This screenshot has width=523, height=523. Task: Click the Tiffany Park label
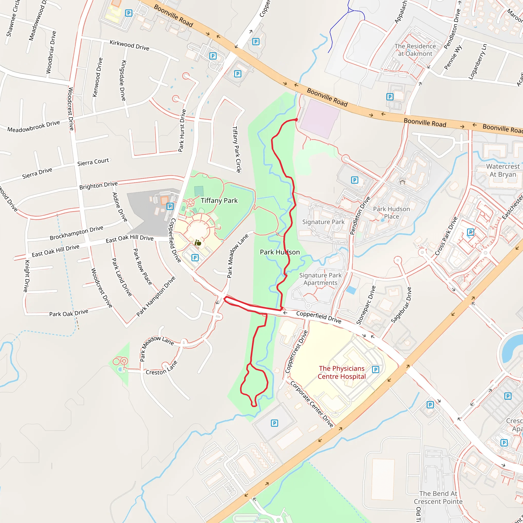coord(219,200)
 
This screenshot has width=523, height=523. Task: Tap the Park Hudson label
coord(280,252)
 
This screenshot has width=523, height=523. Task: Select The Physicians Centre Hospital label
coord(342,373)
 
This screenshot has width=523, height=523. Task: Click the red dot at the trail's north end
coord(296,119)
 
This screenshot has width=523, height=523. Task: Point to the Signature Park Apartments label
coord(320,279)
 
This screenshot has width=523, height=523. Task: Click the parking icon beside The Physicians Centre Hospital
coord(375,370)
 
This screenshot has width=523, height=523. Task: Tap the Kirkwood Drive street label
coord(129,45)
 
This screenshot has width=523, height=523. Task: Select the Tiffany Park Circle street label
coord(236,149)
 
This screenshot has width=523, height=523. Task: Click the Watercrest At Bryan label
coord(503,170)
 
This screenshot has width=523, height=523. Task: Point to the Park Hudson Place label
coord(391,212)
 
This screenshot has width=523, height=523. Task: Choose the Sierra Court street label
coord(93,162)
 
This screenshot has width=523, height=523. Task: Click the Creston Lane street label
coord(161,369)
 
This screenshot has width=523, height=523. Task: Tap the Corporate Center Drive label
coord(312,404)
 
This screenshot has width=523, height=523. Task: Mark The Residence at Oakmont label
coord(415,50)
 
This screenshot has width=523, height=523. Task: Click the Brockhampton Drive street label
coord(76,233)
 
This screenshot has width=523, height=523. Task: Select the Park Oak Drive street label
coord(68,313)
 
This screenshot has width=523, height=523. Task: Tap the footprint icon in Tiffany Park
coord(198,243)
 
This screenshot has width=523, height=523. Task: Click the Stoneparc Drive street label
coord(366,305)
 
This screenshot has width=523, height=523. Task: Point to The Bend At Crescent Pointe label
coord(438,497)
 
